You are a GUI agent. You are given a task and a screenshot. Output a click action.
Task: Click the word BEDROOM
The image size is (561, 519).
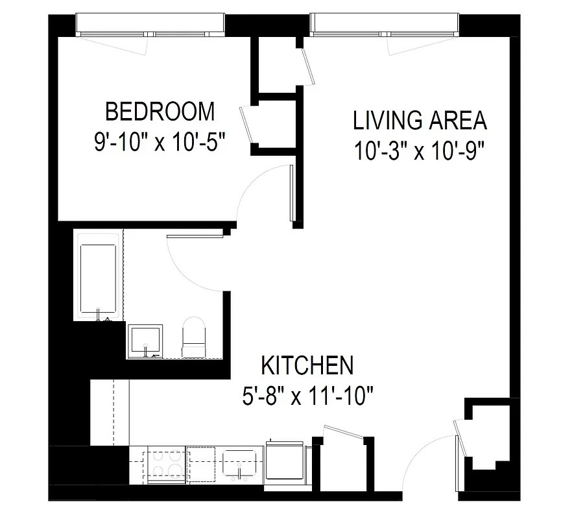pos(160,112)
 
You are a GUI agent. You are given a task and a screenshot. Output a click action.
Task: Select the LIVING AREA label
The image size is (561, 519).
pos(420,121)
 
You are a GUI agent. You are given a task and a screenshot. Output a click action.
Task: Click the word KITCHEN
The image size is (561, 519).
pos(307,365)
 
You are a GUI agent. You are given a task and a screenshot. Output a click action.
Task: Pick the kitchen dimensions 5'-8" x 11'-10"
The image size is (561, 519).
pos(307,395)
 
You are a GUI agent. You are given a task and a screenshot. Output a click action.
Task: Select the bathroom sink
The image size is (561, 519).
pos(145,341)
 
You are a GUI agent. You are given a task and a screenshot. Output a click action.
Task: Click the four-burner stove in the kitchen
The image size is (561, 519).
pos(167,463)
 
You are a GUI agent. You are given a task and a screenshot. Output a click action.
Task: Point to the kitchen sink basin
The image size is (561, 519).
pos(241,463)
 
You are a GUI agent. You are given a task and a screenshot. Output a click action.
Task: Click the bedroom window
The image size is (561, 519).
pos(150,25)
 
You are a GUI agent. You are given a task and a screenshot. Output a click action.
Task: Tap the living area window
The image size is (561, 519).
pos(385,25)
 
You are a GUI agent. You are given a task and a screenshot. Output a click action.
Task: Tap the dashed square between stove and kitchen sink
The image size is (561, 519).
pos(203,463)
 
